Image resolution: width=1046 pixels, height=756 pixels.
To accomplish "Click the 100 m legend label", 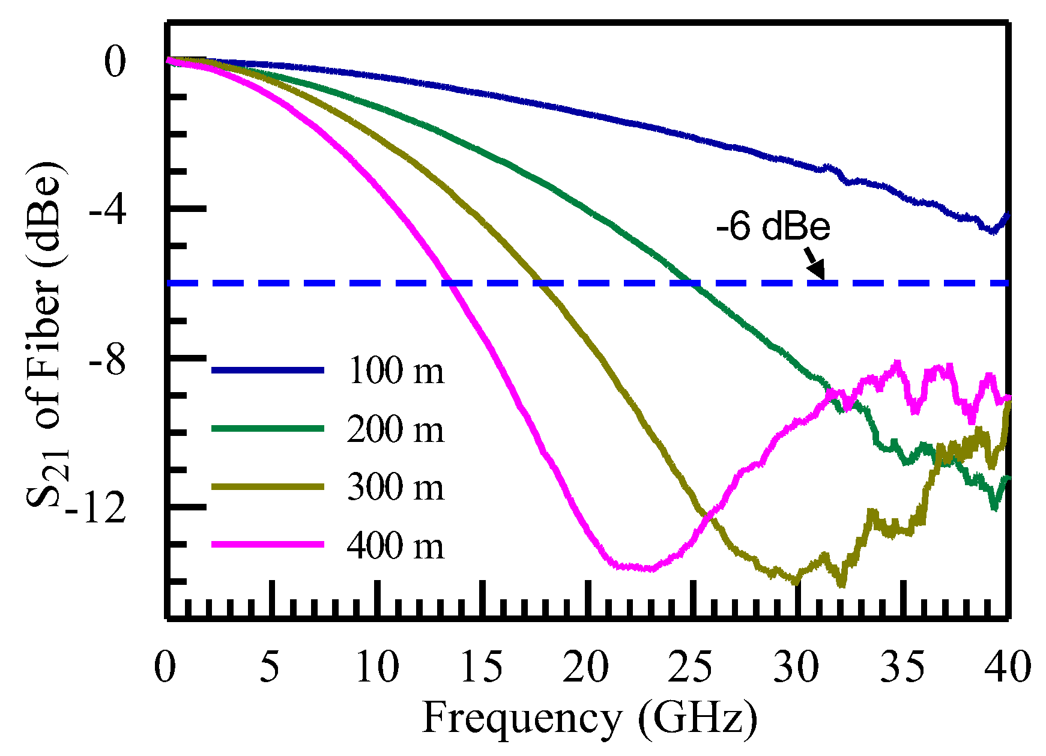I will tap(396, 370).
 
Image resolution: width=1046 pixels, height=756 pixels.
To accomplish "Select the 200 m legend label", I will tap(396, 429).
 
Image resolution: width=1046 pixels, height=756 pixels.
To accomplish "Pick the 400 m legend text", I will tap(396, 545).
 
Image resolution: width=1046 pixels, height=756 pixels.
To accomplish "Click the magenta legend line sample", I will tap(268, 545).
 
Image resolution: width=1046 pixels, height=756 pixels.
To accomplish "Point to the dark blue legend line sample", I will tap(268, 370).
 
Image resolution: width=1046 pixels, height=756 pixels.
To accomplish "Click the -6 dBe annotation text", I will tap(773, 227).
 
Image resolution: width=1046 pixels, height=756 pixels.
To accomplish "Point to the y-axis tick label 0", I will tap(115, 63).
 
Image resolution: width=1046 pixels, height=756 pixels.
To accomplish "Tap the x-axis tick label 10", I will tap(377, 667).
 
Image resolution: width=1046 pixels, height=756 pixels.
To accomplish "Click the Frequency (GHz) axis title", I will tap(589, 718).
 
